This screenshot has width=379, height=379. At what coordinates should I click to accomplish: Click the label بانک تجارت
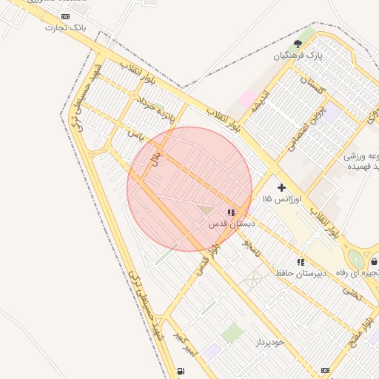coord(66,27)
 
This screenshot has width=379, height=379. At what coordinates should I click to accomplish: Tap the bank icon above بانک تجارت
coord(66,16)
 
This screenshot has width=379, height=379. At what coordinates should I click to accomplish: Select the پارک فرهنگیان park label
coord(298,55)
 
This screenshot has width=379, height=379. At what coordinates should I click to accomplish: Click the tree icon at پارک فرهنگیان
coord(298,44)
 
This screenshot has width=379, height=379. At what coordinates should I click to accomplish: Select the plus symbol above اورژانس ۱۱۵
coord(281,188)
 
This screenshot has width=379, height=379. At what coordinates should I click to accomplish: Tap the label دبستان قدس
coord(231,223)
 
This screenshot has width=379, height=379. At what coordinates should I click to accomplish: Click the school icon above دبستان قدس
coord(231,212)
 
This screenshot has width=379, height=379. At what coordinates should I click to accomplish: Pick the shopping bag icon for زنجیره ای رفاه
coord(375,261)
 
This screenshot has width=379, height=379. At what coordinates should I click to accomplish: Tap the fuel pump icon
coord(181,371)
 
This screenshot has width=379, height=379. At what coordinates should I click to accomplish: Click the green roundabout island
coord(357,259)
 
